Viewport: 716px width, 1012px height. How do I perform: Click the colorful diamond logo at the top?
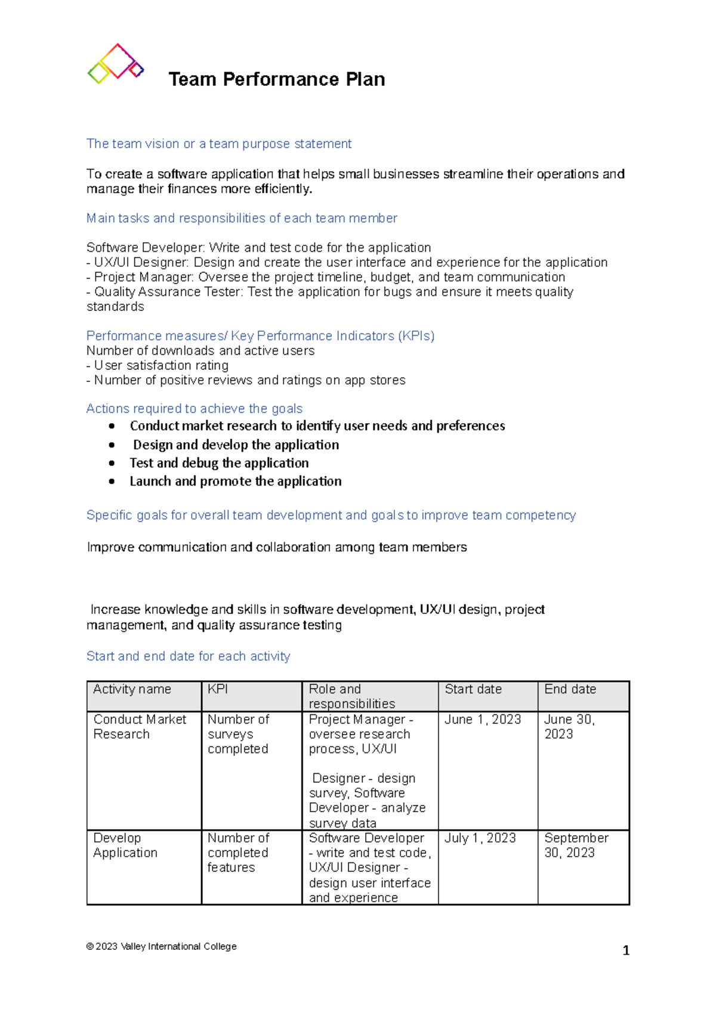pyautogui.click(x=116, y=63)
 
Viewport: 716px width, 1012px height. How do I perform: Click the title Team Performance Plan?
pyautogui.click(x=276, y=79)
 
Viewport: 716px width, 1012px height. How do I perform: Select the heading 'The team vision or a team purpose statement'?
pyautogui.click(x=218, y=144)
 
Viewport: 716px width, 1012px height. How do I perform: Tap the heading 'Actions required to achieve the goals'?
pyautogui.click(x=194, y=409)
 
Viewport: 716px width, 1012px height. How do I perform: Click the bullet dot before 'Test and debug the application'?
pyautogui.click(x=112, y=463)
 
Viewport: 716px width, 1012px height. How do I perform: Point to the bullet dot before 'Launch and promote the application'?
pyautogui.click(x=112, y=482)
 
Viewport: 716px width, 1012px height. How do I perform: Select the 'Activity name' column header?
pyautogui.click(x=132, y=689)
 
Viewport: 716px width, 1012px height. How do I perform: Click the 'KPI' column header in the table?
pyautogui.click(x=218, y=689)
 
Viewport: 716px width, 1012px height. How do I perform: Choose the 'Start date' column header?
pyautogui.click(x=473, y=689)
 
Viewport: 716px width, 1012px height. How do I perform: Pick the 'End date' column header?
pyautogui.click(x=570, y=689)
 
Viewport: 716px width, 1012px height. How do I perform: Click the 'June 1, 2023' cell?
pyautogui.click(x=482, y=720)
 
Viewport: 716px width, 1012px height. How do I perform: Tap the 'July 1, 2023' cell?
pyautogui.click(x=480, y=838)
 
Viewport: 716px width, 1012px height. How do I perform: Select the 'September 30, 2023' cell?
pyautogui.click(x=576, y=846)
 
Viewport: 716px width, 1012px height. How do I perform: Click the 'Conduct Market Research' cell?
pyautogui.click(x=140, y=727)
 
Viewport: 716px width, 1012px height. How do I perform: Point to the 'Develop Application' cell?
pyautogui.click(x=125, y=846)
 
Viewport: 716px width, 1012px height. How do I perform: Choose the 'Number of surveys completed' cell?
pyautogui.click(x=238, y=734)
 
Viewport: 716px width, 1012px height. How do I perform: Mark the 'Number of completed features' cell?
pyautogui.click(x=237, y=853)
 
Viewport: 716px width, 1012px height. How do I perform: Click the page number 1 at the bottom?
pyautogui.click(x=626, y=951)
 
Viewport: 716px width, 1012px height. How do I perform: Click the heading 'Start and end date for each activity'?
pyautogui.click(x=188, y=656)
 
